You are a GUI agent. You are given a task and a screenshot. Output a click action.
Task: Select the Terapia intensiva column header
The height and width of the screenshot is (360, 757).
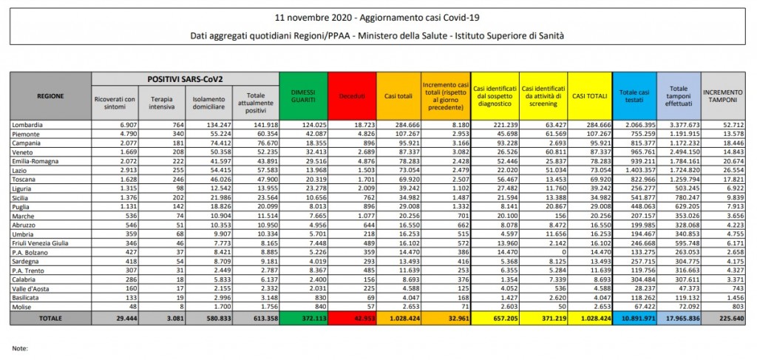[162, 103]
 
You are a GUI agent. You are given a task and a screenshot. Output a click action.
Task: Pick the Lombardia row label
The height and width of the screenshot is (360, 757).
[30, 124]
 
